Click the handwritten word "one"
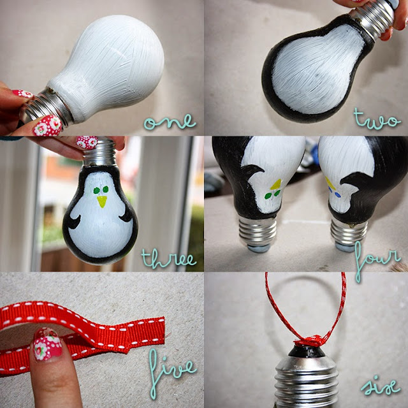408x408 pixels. point(170,122)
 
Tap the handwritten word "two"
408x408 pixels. point(377,119)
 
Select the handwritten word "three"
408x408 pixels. point(168,259)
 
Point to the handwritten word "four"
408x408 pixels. point(377,260)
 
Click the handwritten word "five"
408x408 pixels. point(170,372)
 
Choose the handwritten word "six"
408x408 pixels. point(381,386)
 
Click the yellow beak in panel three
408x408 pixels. point(102,201)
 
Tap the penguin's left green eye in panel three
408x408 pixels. point(96,191)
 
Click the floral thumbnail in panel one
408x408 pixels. point(47,126)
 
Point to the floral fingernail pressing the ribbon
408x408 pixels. point(48,344)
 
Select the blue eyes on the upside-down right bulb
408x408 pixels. point(334,192)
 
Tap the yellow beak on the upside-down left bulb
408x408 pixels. point(276,184)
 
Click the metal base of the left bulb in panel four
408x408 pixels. point(258,234)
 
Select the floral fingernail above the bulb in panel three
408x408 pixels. point(87,142)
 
